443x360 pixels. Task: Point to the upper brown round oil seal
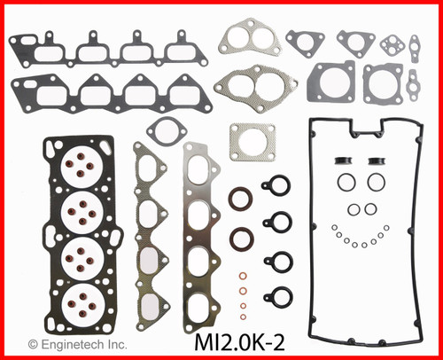(x=239, y=199)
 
